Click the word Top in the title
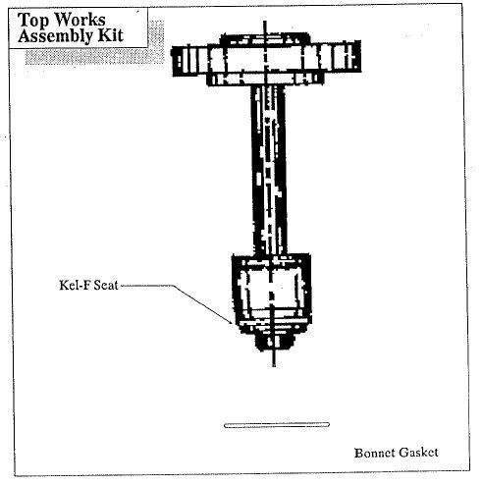tap(32, 21)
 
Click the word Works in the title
tap(80, 20)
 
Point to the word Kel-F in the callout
tap(74, 285)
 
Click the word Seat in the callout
tap(105, 286)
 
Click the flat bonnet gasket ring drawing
tap(277, 425)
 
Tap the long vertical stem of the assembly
tap(269, 170)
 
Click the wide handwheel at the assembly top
tap(266, 59)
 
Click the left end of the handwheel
tap(173, 61)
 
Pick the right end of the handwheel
tap(359, 56)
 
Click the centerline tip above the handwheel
tap(265, 22)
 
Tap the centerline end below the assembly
tap(274, 366)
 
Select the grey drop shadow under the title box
tap(95, 56)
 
